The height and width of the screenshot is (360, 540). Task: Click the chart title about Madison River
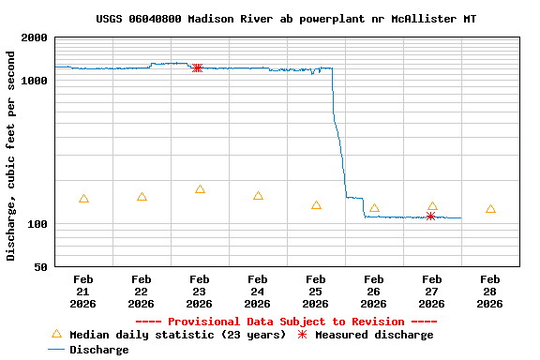tap(292, 19)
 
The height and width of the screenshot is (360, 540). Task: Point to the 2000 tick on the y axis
tap(36, 37)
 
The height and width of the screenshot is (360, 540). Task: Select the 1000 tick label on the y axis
tap(36, 81)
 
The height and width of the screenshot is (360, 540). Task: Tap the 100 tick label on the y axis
tap(38, 224)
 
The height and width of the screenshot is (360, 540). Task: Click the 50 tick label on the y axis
tap(41, 267)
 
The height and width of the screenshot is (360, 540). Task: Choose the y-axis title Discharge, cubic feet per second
tap(11, 156)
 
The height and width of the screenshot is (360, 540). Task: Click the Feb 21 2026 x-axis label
tap(83, 291)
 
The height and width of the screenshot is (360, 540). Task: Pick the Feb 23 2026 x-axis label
tap(199, 291)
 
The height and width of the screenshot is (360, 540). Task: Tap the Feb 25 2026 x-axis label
tap(316, 291)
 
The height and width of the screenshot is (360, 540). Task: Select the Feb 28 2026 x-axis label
tap(490, 291)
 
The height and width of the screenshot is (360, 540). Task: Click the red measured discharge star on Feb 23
tap(197, 67)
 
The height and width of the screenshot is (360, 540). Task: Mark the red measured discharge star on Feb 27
tap(430, 216)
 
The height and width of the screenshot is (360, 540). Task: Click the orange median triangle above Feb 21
tap(83, 199)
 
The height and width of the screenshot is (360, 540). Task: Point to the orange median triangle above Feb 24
tap(258, 196)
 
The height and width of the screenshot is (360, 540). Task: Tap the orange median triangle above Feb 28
tap(490, 209)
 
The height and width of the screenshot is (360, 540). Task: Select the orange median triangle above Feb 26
tap(374, 208)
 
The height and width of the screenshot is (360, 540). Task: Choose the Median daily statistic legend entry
tap(168, 335)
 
